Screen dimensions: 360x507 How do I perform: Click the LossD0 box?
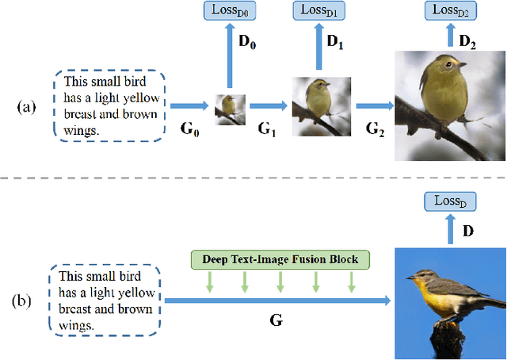click(228, 11)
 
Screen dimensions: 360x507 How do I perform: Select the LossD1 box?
click(318, 11)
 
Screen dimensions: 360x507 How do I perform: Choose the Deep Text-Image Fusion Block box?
click(280, 259)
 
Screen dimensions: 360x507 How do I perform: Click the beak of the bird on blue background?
click(408, 277)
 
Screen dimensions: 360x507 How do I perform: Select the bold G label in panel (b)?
click(277, 321)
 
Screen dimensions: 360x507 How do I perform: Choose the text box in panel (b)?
click(105, 301)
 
